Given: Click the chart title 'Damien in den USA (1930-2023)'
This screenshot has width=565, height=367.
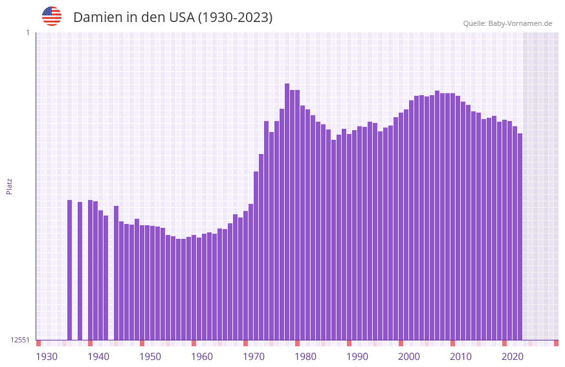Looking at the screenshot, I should pyautogui.click(x=173, y=17).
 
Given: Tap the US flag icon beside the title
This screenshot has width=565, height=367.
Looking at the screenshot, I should pyautogui.click(x=52, y=16).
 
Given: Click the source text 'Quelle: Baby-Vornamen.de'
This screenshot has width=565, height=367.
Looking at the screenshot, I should pyautogui.click(x=507, y=23).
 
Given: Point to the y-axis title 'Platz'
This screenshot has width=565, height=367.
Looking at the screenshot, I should pyautogui.click(x=9, y=186).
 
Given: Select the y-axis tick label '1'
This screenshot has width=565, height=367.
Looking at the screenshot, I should pyautogui.click(x=27, y=32).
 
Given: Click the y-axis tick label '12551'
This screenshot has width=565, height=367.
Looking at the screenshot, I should pyautogui.click(x=20, y=340).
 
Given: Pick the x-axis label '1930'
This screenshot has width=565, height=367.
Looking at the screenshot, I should pyautogui.click(x=47, y=357).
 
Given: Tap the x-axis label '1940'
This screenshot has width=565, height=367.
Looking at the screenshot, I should pyautogui.click(x=98, y=357).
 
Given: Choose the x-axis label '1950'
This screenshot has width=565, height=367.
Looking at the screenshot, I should pyautogui.click(x=150, y=357).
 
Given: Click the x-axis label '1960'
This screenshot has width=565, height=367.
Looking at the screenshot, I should pyautogui.click(x=202, y=357).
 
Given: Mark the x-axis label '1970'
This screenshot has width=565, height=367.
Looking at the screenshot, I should pyautogui.click(x=254, y=357).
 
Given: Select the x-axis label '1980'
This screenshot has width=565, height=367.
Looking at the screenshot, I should pyautogui.click(x=305, y=357).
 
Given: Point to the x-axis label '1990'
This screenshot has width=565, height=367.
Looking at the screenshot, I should pyautogui.click(x=357, y=357).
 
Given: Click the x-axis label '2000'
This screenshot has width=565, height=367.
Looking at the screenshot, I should pyautogui.click(x=409, y=357).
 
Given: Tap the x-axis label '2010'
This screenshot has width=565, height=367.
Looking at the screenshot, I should pyautogui.click(x=461, y=357).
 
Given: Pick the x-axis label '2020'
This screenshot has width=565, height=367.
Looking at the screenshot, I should pyautogui.click(x=513, y=357).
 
